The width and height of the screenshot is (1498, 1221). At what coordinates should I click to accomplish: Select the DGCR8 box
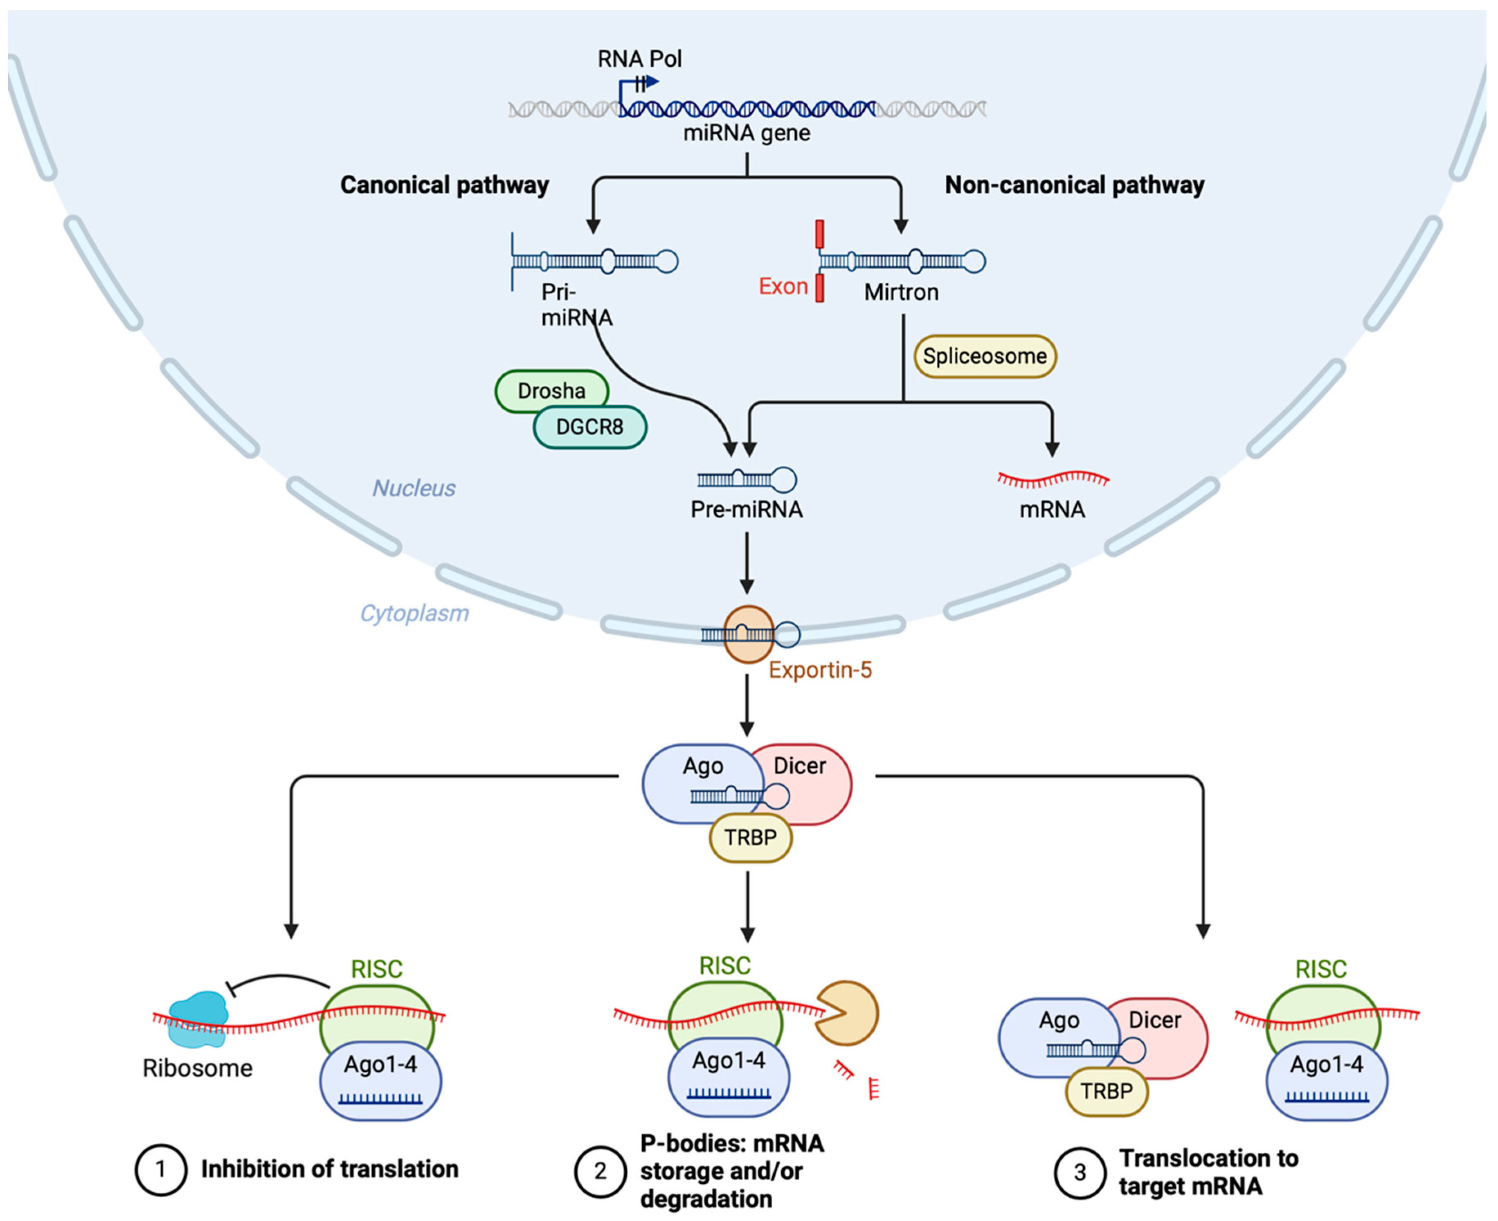point(589,427)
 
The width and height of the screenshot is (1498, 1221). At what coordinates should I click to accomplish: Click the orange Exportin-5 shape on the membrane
point(748,634)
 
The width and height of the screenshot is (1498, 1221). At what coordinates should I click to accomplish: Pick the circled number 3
point(1080,1172)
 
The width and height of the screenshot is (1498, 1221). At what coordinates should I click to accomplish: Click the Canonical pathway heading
point(445,185)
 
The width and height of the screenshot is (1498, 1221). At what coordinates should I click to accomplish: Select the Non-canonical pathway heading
point(1074,185)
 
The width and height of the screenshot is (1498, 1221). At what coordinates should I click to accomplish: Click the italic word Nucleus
point(414,488)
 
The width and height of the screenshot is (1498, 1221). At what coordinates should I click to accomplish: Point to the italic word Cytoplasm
point(414,613)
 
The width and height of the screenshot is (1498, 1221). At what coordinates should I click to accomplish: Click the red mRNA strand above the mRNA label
point(1053,480)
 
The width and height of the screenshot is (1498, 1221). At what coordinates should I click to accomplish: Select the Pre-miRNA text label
point(746,509)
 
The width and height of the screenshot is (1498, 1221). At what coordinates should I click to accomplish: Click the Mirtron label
point(901,292)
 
